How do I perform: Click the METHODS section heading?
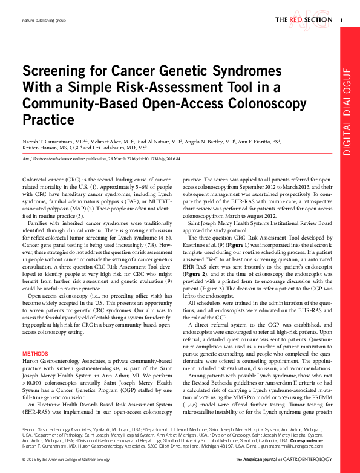pyautogui.click(x=35, y=353)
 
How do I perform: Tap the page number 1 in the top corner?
pyautogui.click(x=342, y=20)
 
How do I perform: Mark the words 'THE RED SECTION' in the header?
pyautogui.click(x=303, y=20)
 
